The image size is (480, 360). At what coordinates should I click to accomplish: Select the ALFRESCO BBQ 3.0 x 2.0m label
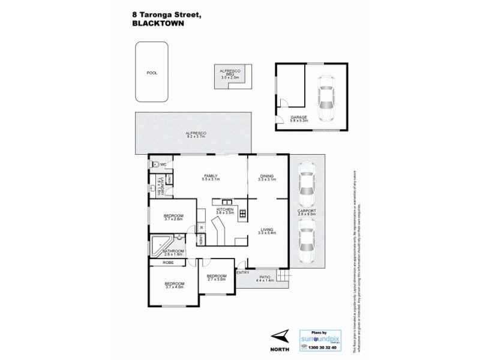point(230,75)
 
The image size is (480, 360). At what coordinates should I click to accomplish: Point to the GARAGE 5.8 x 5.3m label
point(299,119)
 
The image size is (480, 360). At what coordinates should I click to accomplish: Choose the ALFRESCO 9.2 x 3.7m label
point(195,134)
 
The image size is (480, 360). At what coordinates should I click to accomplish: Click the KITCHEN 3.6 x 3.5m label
point(217,211)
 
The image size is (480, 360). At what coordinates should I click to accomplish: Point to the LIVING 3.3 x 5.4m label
point(266,230)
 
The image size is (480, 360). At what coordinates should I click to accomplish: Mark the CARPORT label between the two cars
point(307,213)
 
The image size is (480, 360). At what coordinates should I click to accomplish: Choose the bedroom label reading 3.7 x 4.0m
point(175,285)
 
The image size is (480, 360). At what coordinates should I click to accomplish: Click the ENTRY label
point(243,273)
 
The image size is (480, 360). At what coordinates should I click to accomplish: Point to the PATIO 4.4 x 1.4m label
point(265,278)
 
